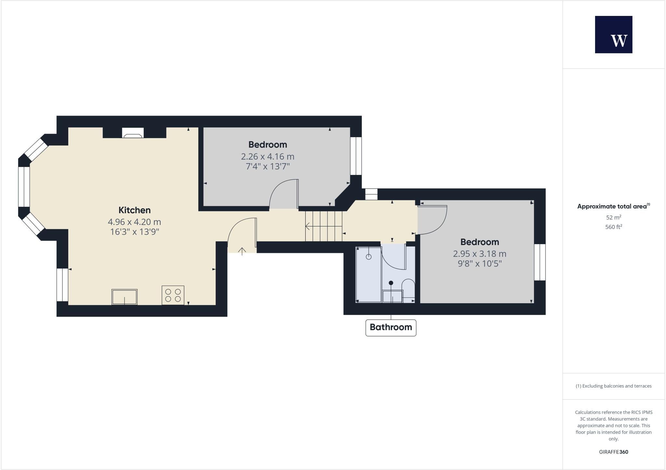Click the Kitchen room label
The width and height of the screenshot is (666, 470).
tap(134, 210)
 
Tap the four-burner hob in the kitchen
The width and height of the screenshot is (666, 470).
tap(173, 295)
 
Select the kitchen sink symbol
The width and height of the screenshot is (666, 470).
tap(125, 297)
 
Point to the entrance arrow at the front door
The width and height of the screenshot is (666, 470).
tap(242, 251)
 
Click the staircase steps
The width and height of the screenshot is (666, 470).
tap(324, 226)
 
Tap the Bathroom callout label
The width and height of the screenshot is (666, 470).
tap(391, 327)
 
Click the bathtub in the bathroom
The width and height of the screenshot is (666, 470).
tap(369, 275)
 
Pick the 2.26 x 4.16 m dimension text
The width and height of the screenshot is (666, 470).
tap(268, 157)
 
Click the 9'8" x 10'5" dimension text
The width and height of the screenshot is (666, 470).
tap(480, 264)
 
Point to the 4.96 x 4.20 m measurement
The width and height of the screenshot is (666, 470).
tap(134, 222)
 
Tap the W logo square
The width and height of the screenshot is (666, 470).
tap(613, 34)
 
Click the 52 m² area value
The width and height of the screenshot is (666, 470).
tap(613, 217)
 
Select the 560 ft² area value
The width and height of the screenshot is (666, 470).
tap(613, 227)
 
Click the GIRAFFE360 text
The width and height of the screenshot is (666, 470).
tap(613, 452)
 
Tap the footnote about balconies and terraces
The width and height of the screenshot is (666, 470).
tap(613, 386)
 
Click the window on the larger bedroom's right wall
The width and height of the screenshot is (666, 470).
tap(539, 262)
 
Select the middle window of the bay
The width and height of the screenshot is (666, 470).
tap(24, 187)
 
